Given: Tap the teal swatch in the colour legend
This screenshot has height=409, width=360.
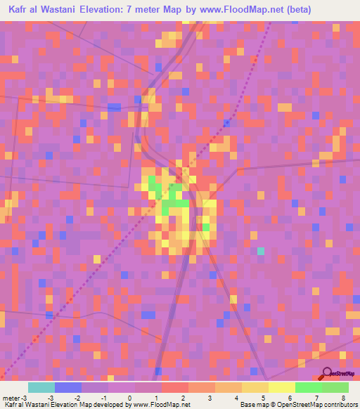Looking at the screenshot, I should [41, 387].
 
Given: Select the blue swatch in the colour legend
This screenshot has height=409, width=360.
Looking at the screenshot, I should [67, 387].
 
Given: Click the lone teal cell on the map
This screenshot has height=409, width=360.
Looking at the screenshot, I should [261, 251].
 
